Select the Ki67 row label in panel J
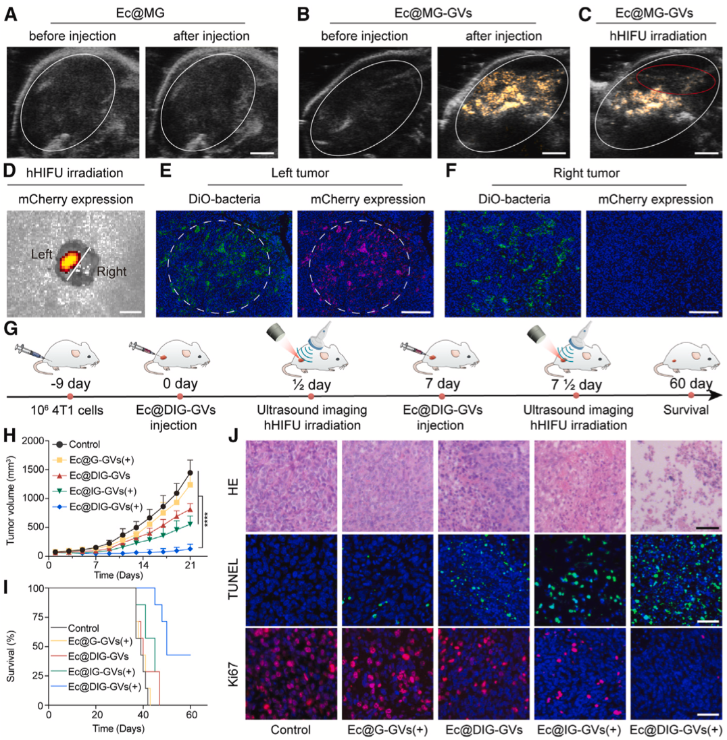click(233, 675)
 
